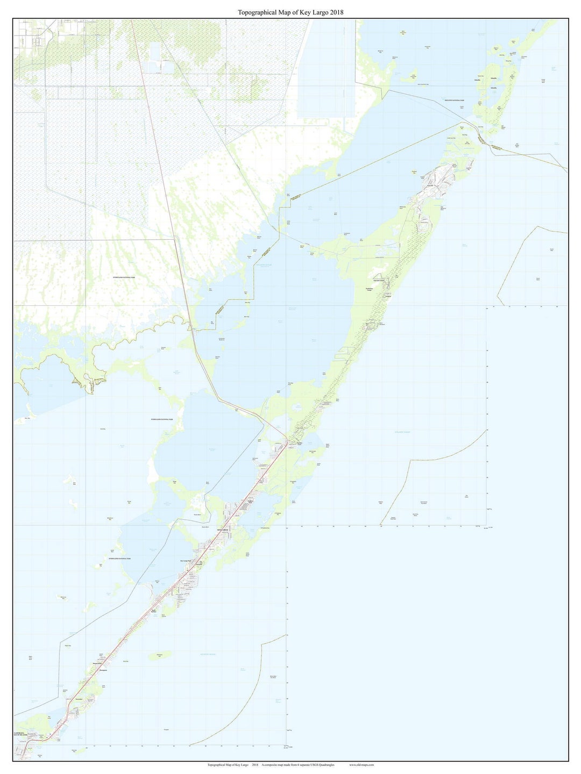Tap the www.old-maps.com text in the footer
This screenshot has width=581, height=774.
362,765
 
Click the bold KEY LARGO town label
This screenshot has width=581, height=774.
223,529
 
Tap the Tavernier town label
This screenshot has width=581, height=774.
79,699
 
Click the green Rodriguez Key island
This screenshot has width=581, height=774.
164,655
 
